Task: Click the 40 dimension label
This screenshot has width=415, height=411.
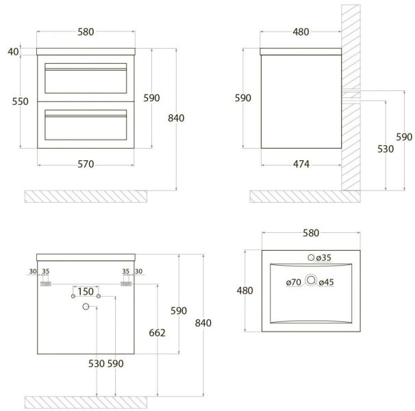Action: pos(13,51)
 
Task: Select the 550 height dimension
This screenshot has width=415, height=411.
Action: pos(20,101)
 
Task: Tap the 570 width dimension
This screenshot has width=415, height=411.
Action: pos(86,164)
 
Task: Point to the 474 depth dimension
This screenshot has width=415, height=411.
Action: pos(301,164)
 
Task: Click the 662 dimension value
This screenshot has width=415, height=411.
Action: pos(158,333)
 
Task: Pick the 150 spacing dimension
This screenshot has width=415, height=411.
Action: pos(86,292)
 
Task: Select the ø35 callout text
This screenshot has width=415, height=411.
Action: pos(324,258)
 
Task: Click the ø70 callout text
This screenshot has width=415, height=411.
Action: pos(294,282)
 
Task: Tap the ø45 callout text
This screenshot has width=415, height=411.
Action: pos(327,282)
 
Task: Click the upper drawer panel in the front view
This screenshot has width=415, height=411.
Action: pos(86,78)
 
